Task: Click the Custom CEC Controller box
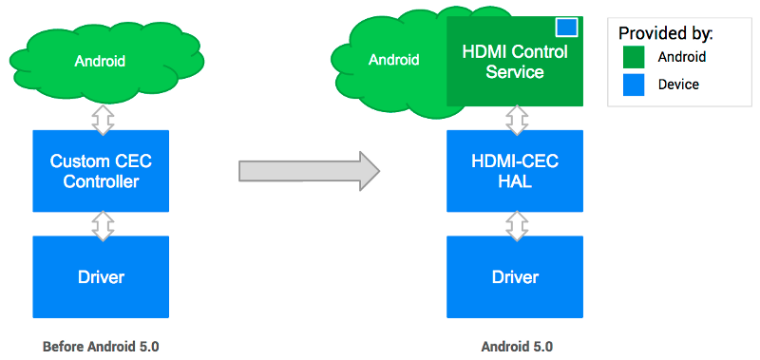[101, 171]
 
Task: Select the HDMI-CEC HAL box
[514, 171]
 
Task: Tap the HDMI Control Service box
[514, 61]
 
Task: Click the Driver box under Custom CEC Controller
[101, 277]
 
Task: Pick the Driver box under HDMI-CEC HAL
[514, 277]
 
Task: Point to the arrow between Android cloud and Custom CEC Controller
[102, 118]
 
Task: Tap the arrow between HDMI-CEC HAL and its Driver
[516, 225]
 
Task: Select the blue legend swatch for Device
[634, 85]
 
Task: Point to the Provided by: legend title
[665, 33]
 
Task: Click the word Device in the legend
[678, 85]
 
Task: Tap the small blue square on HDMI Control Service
[566, 28]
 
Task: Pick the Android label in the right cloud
[393, 60]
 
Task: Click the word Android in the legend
[682, 57]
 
